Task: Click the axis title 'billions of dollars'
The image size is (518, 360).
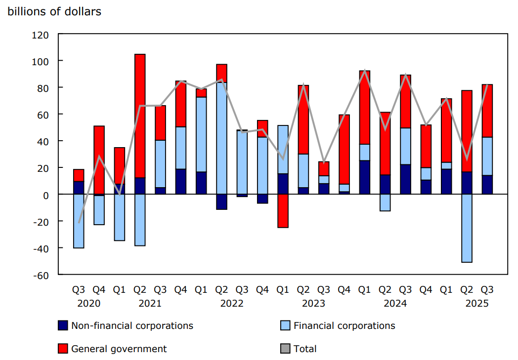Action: click(x=54, y=11)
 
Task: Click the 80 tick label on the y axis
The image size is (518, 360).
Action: click(x=43, y=88)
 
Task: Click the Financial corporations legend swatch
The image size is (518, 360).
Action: click(x=285, y=325)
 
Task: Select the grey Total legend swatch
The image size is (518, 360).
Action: click(x=285, y=349)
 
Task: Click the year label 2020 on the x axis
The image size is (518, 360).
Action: click(x=89, y=303)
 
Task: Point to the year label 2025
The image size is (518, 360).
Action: click(x=476, y=303)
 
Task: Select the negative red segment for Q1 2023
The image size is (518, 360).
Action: click(x=283, y=211)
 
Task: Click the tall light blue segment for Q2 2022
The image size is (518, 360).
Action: click(x=221, y=138)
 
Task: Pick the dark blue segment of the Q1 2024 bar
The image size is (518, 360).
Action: click(x=365, y=177)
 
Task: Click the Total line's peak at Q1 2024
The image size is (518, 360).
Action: click(x=365, y=71)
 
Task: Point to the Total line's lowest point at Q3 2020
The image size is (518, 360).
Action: click(x=79, y=222)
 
